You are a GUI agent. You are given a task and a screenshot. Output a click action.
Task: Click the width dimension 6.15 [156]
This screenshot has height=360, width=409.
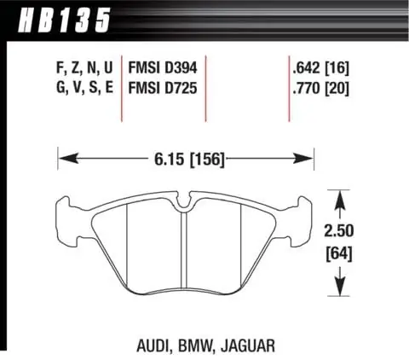[185, 158]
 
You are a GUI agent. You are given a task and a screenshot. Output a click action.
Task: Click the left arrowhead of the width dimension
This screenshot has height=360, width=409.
[64, 158]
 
